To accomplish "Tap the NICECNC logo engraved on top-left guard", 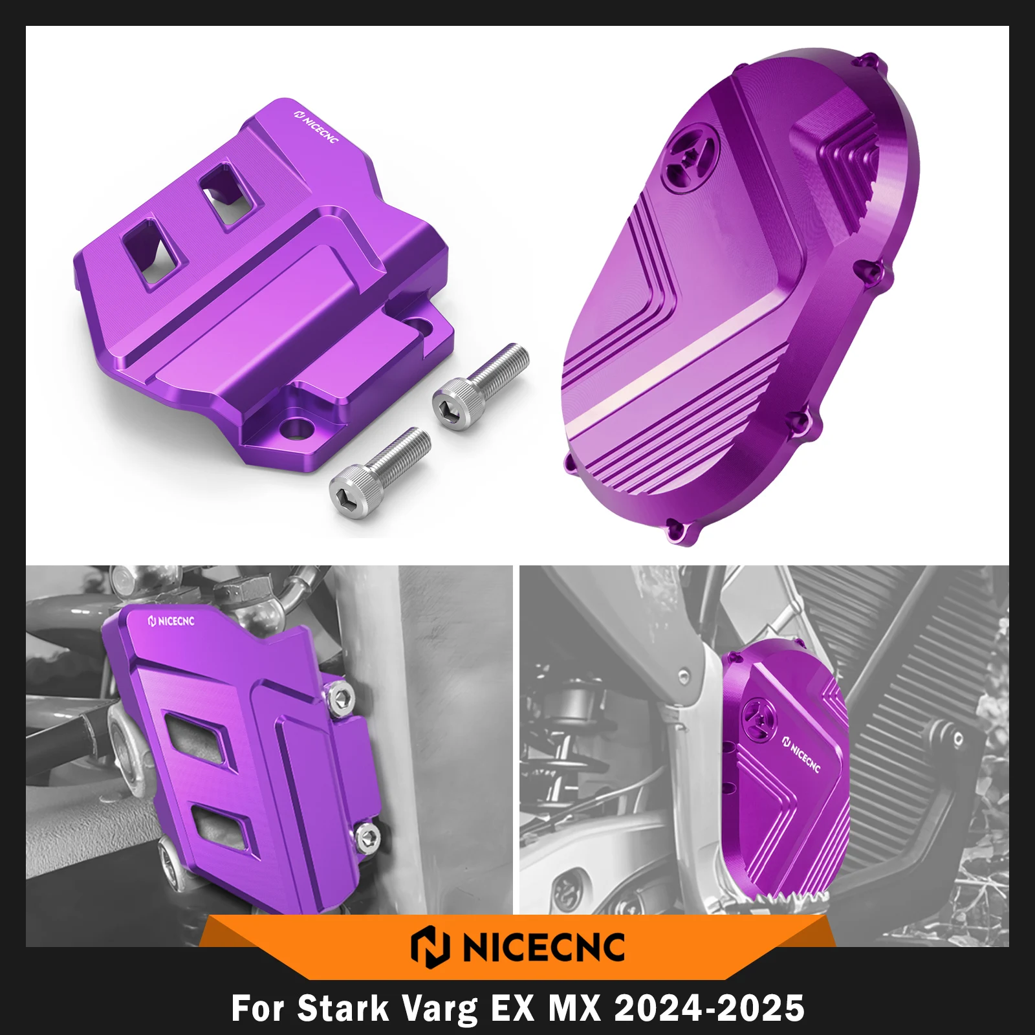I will (316, 126).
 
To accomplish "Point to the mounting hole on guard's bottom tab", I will (299, 427).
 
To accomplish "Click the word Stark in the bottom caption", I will (343, 1008).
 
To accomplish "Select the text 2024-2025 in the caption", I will (709, 1008).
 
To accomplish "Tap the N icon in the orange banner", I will (430, 947).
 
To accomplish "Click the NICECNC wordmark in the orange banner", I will (543, 947).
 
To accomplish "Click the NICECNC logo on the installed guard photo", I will (171, 621).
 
